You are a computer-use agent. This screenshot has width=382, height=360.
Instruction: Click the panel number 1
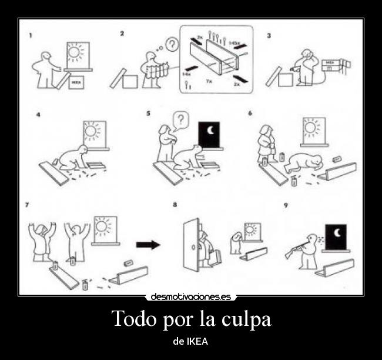(31, 35)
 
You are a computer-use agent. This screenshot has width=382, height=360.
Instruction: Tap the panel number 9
(286, 205)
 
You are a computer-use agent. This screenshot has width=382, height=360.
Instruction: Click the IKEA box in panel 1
(75, 82)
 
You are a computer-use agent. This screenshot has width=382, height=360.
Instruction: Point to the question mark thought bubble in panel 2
(172, 45)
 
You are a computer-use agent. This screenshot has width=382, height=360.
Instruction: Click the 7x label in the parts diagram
(209, 82)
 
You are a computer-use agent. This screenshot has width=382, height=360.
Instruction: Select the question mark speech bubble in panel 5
(181, 120)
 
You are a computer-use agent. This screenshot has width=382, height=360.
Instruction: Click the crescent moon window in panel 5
(209, 134)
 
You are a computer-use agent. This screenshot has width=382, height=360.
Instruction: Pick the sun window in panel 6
(311, 130)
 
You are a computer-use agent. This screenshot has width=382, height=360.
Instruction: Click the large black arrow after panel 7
(148, 245)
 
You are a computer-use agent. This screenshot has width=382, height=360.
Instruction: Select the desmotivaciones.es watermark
(191, 297)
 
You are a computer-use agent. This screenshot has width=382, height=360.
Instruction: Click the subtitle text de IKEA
(190, 341)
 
